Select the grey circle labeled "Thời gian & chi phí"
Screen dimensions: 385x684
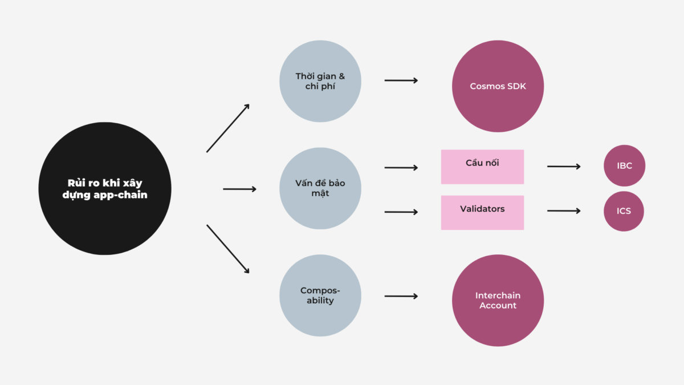(320, 82)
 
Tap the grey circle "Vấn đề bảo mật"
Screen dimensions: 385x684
(320, 188)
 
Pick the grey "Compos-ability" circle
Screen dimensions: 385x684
(320, 295)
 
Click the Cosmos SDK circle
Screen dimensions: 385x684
(498, 87)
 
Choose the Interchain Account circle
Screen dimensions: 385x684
(498, 300)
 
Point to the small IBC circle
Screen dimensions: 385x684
(624, 166)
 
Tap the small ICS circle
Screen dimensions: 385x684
(624, 211)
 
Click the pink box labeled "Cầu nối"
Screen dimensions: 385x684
(482, 167)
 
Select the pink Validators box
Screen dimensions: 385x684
(482, 212)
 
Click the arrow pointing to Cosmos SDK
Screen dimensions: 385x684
(401, 80)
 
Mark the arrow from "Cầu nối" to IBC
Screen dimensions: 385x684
(564, 167)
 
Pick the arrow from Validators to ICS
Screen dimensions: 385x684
(564, 211)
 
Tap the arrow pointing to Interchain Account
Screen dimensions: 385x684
(401, 296)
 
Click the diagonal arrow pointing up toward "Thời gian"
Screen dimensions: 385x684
(228, 128)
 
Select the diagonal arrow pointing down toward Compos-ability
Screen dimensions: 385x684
(228, 249)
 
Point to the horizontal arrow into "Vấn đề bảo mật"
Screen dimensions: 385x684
(239, 189)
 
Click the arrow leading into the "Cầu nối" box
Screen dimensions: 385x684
(401, 168)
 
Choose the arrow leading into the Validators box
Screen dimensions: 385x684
(401, 212)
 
